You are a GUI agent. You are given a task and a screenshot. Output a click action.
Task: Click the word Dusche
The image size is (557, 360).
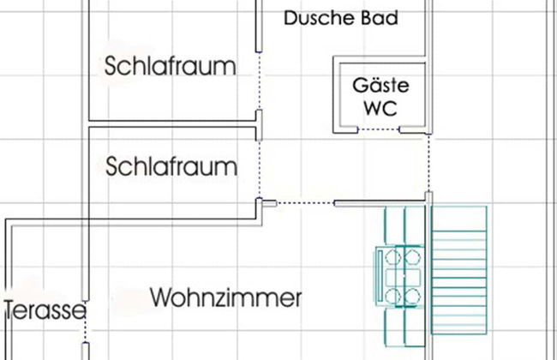[313, 18]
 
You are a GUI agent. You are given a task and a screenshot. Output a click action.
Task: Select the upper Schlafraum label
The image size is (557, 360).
[171, 66]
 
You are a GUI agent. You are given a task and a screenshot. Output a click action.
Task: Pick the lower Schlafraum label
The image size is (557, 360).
[171, 165]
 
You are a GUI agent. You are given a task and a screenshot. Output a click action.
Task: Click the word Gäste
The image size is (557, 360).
[380, 86]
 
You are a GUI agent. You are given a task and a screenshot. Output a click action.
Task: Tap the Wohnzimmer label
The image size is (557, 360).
[226, 298]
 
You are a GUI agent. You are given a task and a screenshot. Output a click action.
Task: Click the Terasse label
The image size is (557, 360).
[44, 309]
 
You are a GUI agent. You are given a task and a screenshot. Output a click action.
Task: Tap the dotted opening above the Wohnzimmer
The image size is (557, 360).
[305, 203]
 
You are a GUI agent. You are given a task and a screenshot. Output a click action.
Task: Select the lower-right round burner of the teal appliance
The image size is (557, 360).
[414, 296]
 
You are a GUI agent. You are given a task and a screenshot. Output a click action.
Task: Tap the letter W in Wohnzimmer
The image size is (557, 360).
[161, 298]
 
